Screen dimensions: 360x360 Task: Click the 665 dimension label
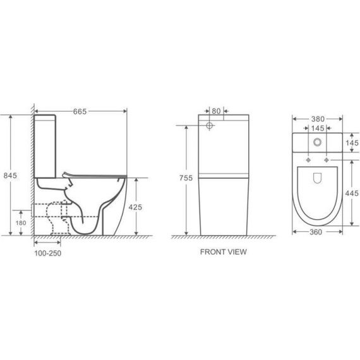80,111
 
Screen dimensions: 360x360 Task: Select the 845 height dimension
10,176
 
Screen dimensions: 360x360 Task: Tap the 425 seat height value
135,207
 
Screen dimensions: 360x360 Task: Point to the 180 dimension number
21,223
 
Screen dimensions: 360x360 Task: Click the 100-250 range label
48,253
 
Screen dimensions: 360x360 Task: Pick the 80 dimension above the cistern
216,111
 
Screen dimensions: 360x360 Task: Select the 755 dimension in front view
186,177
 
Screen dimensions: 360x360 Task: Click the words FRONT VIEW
224,252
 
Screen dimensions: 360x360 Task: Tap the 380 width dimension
318,119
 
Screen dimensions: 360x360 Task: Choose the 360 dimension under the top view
316,232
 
